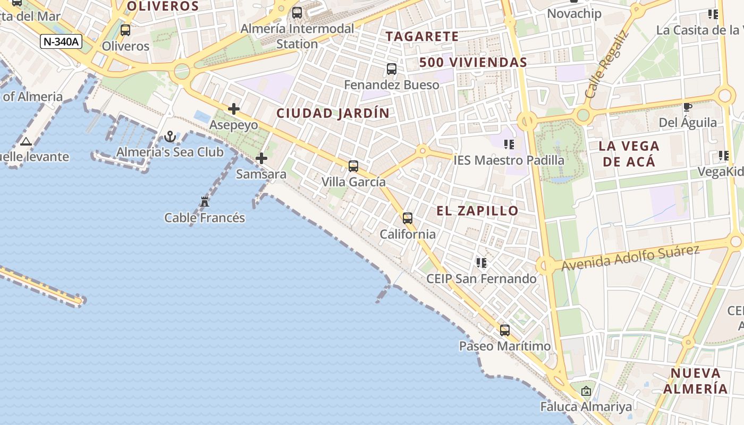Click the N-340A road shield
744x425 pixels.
point(61,41)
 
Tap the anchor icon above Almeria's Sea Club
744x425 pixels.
point(170,137)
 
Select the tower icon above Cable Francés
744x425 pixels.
point(205,202)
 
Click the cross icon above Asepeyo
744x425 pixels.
point(234,109)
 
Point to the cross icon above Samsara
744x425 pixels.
point(261,158)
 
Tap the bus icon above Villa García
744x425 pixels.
point(353,166)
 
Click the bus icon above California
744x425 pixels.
point(408,218)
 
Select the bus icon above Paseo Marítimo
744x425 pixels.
point(505,330)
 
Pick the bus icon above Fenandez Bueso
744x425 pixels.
point(392,69)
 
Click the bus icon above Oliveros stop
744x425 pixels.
point(125,30)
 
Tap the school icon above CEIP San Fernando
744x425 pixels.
point(481,263)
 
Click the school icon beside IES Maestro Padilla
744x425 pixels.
point(509,144)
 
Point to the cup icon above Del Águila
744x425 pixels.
point(688,107)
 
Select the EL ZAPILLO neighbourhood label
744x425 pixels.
point(477,211)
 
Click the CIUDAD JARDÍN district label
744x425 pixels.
point(333,113)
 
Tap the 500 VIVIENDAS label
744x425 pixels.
point(473,63)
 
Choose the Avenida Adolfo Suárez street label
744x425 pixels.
point(630,258)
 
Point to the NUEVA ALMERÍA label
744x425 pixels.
point(695,380)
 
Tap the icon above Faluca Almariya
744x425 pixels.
point(586,392)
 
